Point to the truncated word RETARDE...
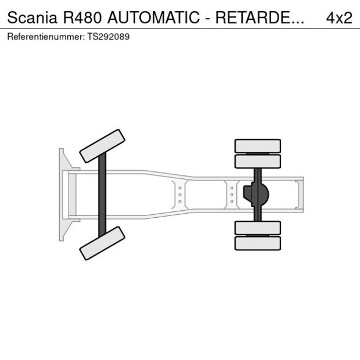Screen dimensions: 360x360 260,17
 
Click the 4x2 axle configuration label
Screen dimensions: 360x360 339,17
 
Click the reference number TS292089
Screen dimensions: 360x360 109,37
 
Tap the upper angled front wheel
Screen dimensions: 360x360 102,146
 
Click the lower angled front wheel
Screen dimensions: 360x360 102,243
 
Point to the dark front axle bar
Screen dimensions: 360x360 102,195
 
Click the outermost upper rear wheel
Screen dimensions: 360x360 257,145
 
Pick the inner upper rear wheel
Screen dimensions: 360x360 257,161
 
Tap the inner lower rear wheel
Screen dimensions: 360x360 257,228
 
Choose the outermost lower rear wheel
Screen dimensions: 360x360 257,243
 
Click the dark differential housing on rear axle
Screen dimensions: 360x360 255,195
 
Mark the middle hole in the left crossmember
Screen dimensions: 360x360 180,195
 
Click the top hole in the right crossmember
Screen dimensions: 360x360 232,188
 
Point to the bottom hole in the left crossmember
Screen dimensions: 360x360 180,201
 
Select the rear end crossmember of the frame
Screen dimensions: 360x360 299,195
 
